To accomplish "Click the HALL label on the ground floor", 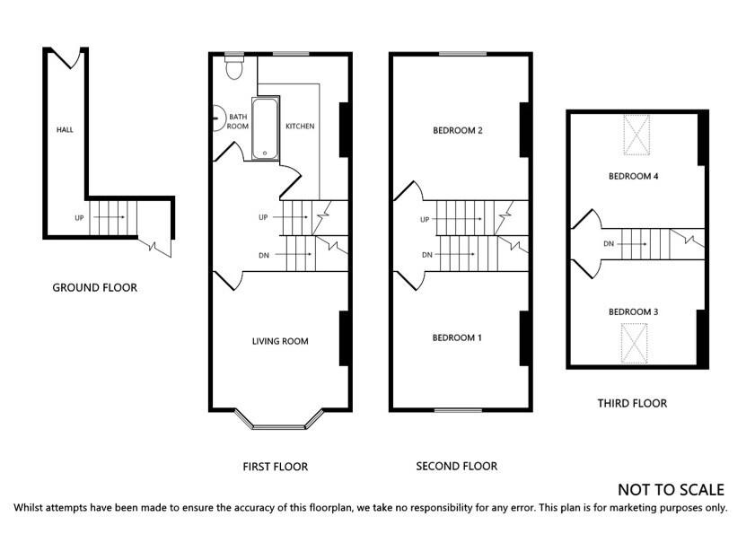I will tap(65, 130).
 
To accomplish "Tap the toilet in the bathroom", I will tap(234, 68).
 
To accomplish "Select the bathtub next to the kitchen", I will tap(265, 128).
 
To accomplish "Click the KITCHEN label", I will tap(300, 127).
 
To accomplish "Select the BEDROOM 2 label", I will tap(458, 131).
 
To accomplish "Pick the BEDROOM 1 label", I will tap(457, 337).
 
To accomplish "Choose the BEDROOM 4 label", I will tap(634, 177).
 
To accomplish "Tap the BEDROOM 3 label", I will tap(634, 312).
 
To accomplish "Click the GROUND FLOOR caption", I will tap(94, 288).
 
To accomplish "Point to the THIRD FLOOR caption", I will tap(632, 403).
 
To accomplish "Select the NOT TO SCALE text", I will tap(671, 490).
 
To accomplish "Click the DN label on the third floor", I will tap(609, 244).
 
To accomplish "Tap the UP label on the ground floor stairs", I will tap(80, 218).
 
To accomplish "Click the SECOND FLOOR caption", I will tap(456, 466).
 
